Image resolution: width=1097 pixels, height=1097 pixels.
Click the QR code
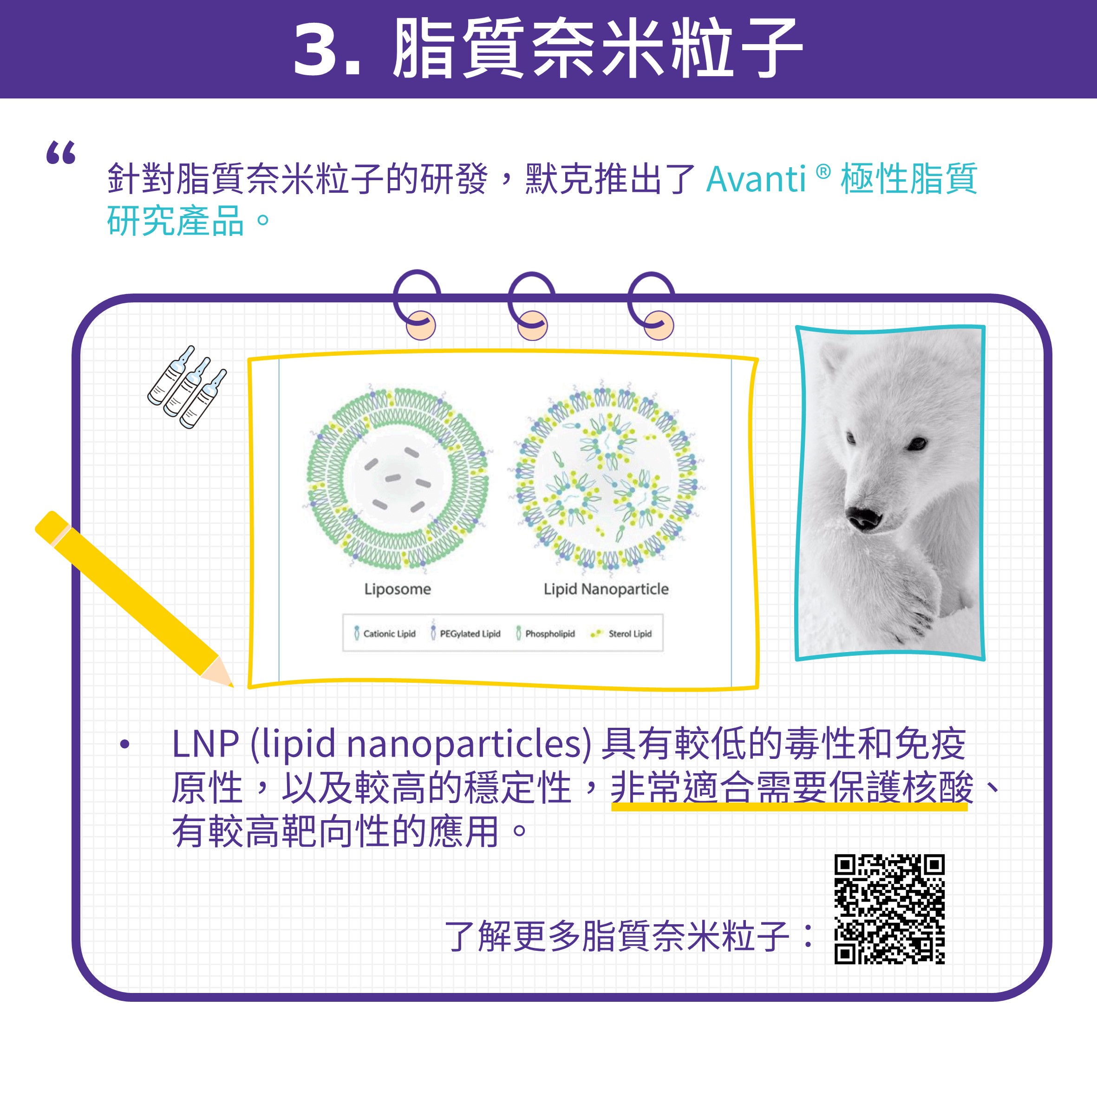(x=889, y=909)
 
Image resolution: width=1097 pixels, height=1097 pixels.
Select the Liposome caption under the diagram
(x=398, y=589)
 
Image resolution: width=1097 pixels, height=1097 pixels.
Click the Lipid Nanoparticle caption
(x=606, y=589)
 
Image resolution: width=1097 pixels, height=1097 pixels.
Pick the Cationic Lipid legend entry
(x=385, y=633)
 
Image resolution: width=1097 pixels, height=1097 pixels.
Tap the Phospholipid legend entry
(x=545, y=633)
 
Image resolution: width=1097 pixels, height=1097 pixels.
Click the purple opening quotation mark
(x=61, y=153)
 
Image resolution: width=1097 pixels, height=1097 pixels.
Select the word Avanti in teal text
(x=756, y=179)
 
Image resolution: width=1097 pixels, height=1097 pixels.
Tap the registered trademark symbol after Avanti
(x=823, y=171)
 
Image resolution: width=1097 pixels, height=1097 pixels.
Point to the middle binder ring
(x=531, y=306)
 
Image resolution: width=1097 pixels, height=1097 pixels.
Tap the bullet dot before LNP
(x=125, y=744)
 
